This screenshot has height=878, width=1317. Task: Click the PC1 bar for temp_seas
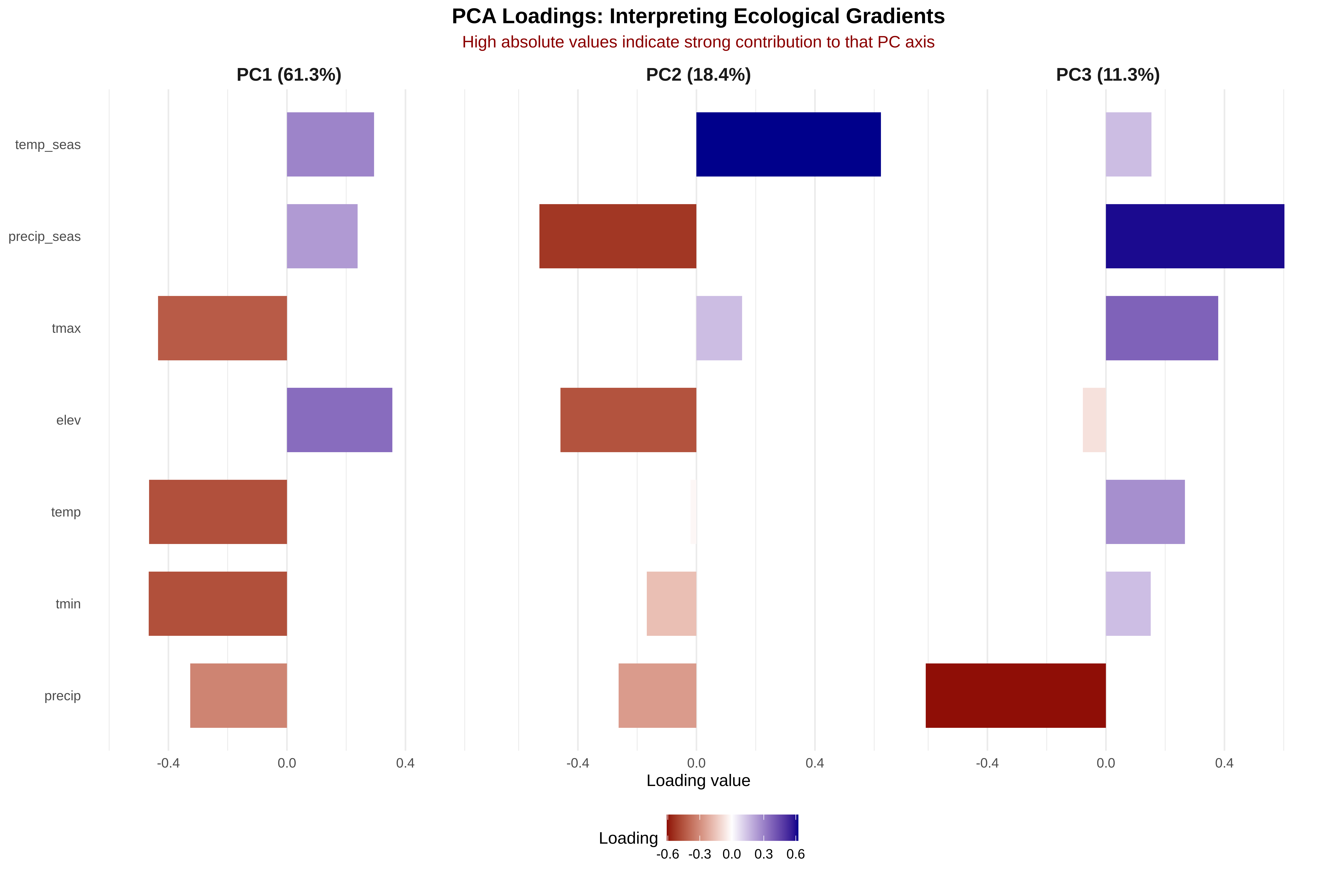tap(330, 145)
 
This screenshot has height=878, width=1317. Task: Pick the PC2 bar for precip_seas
tap(618, 236)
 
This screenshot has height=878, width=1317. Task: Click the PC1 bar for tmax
tap(222, 328)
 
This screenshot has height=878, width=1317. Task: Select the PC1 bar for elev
tap(339, 420)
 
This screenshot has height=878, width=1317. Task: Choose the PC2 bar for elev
tap(628, 420)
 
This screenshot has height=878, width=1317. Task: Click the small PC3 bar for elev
tap(1094, 420)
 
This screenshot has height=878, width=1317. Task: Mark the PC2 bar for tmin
tap(671, 604)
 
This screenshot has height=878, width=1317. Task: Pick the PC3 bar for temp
tap(1145, 512)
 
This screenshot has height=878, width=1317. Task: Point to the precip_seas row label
tap(45, 236)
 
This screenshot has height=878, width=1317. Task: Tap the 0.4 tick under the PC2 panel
tap(815, 763)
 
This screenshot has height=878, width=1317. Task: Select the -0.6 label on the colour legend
tap(667, 854)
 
